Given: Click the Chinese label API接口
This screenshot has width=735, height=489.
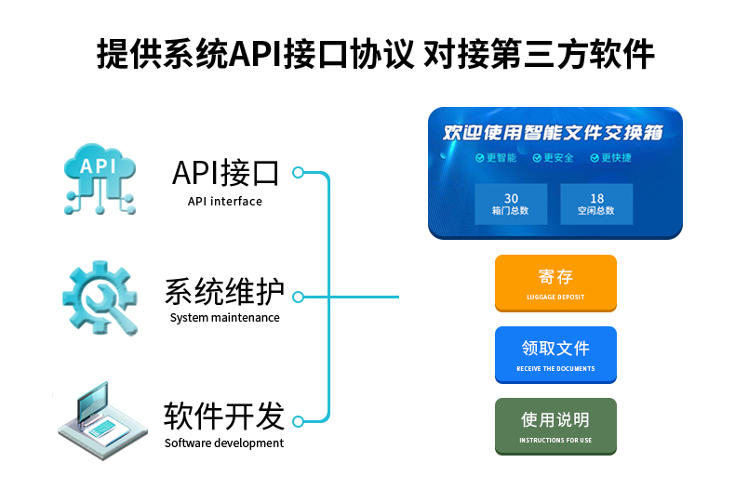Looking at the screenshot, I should point(225,173).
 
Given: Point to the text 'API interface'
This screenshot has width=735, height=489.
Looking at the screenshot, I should point(225,202).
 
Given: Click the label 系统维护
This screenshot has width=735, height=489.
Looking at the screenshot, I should point(224,291).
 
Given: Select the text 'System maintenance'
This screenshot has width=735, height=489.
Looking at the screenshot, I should point(224,318).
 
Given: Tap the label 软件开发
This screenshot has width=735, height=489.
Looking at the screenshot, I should point(224,416).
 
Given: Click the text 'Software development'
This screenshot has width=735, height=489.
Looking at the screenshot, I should point(224,443).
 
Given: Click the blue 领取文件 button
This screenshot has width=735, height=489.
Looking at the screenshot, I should point(555,354).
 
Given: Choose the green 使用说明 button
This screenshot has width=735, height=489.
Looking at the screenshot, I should point(555,426).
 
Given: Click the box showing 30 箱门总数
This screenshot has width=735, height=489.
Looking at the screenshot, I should point(511,205).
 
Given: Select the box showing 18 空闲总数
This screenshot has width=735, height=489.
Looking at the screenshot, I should point(596,205).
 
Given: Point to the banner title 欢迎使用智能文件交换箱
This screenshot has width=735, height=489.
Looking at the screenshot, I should point(554,133).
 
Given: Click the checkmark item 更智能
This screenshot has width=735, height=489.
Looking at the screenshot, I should point(496,158).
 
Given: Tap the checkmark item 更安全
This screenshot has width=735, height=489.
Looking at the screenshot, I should point(554,158).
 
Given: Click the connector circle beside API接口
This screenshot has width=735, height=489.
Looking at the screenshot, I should point(299,173).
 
